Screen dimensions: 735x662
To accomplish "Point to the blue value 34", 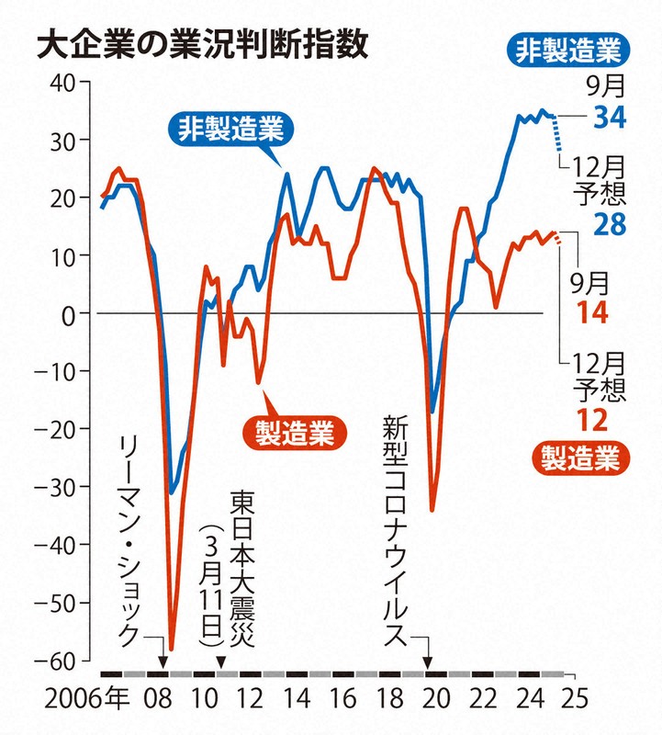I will point(609,118).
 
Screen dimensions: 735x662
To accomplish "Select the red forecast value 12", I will point(608,420).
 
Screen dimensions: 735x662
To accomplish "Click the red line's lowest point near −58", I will point(171,649).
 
